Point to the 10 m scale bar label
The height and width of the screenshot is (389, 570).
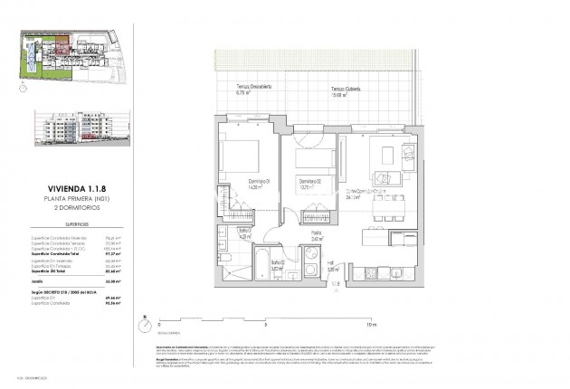point(370,323)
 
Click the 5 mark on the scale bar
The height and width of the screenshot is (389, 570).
point(264,323)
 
